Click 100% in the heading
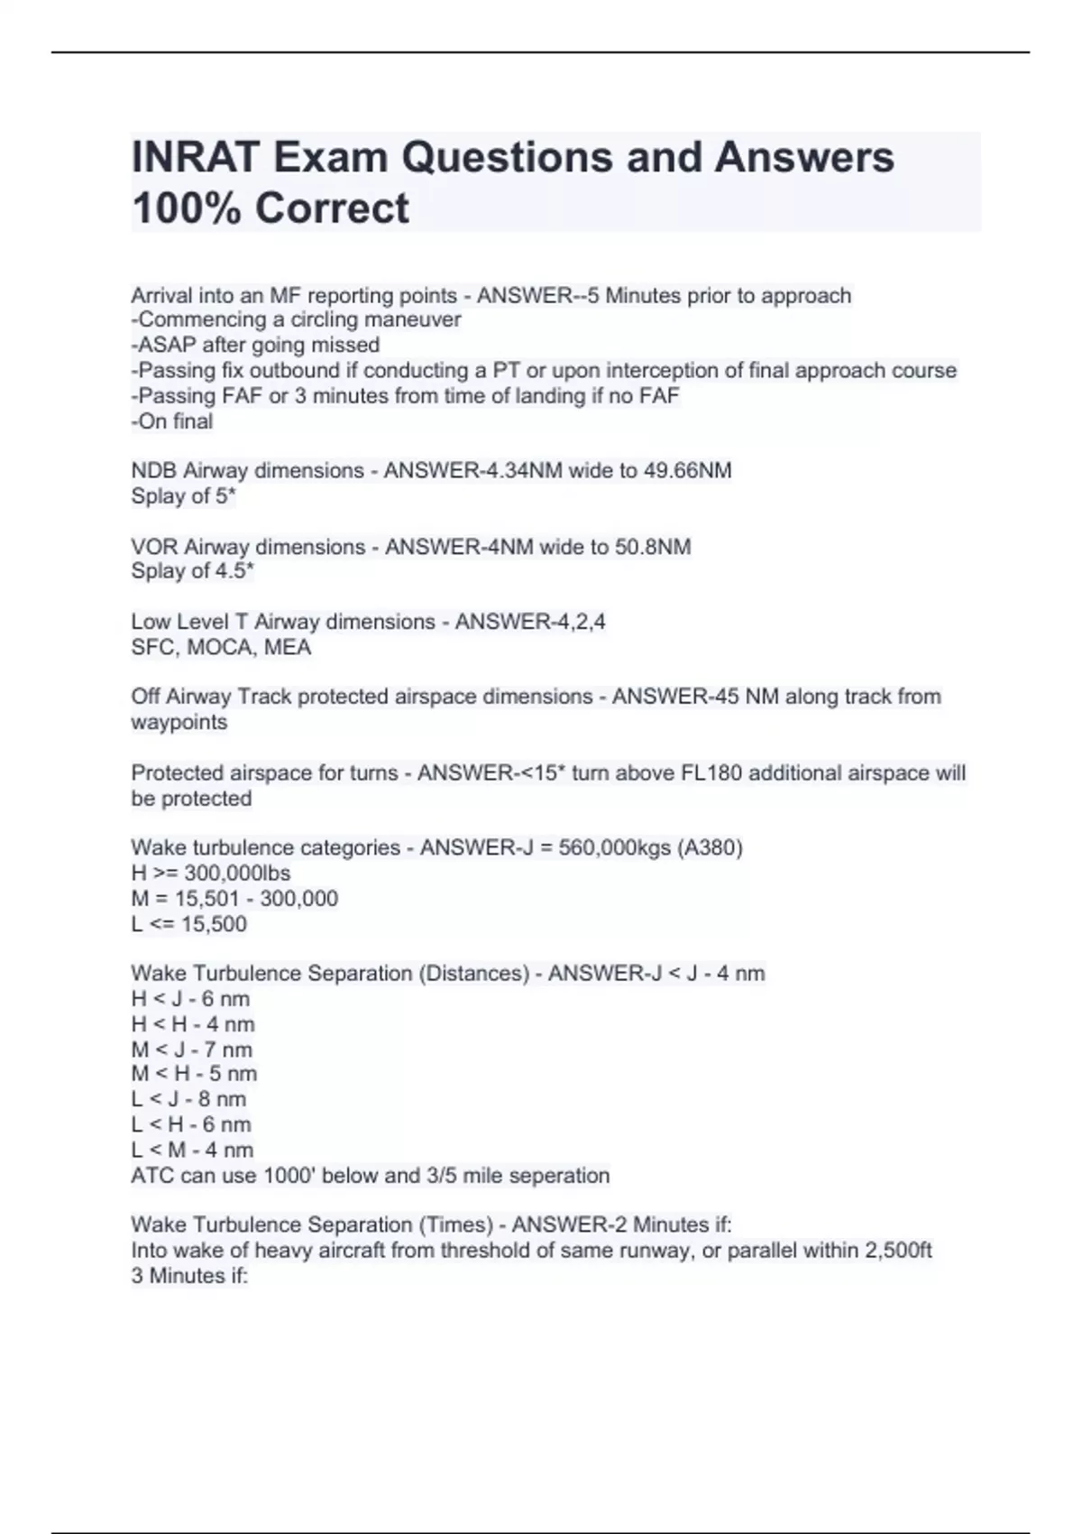[x=187, y=208]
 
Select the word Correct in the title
[x=332, y=208]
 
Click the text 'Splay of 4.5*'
[x=192, y=571]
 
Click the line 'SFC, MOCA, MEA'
[x=221, y=647]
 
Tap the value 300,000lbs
[x=237, y=873]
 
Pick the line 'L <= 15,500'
[x=188, y=924]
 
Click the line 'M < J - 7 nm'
[x=191, y=1049]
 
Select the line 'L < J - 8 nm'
[x=188, y=1099]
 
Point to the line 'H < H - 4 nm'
[x=192, y=1024]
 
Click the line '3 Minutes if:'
[x=189, y=1276]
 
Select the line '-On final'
[x=172, y=421]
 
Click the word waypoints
[x=179, y=723]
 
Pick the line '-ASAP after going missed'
[x=255, y=345]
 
